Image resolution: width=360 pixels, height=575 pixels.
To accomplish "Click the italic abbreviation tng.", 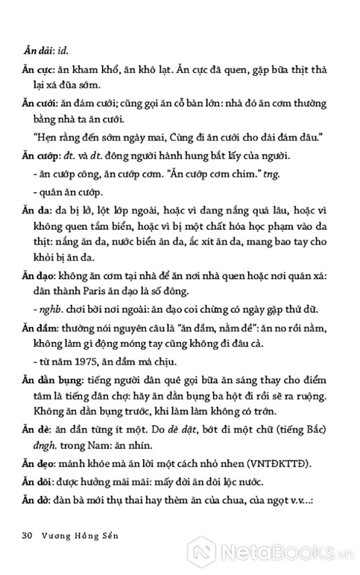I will coord(272,175).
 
